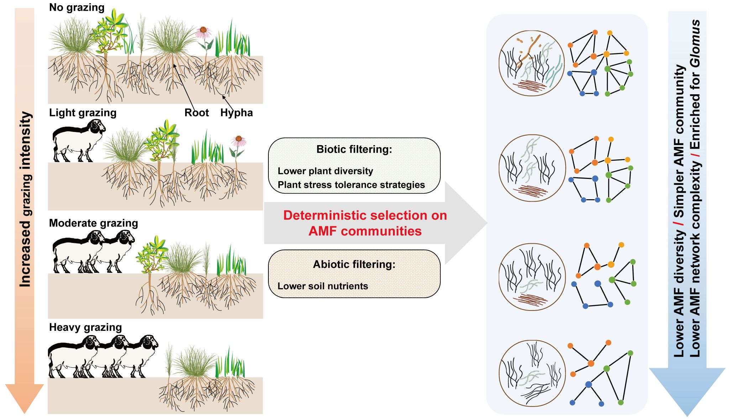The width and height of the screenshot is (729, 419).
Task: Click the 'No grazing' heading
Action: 77,7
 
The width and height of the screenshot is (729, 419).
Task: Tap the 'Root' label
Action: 196,113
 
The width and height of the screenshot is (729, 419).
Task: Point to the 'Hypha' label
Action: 236,113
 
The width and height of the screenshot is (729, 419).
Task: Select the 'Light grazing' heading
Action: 83,113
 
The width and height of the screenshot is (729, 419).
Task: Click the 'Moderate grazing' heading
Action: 93,223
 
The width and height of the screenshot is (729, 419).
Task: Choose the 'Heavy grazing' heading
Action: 85,327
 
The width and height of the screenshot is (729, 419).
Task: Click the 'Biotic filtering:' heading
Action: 354,149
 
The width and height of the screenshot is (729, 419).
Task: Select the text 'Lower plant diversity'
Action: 325,171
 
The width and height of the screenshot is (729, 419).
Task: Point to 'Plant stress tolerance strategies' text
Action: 351,185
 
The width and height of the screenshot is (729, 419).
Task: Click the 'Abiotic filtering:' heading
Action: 354,265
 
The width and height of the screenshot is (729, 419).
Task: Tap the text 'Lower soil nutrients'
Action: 322,286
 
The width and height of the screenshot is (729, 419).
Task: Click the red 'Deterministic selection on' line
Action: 365,216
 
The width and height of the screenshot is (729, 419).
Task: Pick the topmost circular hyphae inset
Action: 532,63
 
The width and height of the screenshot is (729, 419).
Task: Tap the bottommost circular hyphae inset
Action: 532,373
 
